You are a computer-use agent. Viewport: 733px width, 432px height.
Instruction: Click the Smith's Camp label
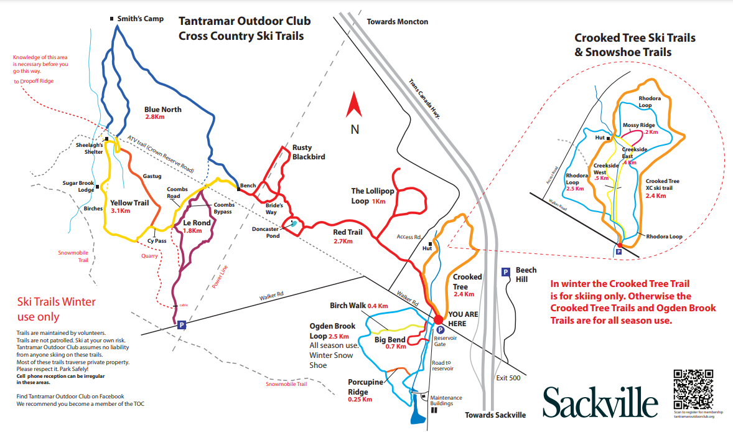coord(141,19)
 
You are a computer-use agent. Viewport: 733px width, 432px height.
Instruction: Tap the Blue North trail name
coord(163,110)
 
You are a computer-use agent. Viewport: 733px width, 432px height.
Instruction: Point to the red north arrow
coord(355,105)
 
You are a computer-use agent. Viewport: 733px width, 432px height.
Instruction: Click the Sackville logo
coord(600,401)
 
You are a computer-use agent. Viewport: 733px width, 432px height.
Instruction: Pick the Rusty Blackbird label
coord(309,153)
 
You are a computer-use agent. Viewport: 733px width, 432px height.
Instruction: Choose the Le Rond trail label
coord(197,223)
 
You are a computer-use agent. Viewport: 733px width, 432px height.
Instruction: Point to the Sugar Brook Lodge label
coord(78,187)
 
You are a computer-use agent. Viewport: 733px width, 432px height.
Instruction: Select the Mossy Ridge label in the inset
coord(638,126)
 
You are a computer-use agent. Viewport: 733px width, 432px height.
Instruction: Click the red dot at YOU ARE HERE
coord(438,319)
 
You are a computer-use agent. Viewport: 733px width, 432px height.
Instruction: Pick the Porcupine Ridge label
coord(366,387)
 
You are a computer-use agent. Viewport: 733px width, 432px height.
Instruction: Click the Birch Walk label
coord(348,306)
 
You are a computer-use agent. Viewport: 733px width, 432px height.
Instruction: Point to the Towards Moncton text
coord(397,22)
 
